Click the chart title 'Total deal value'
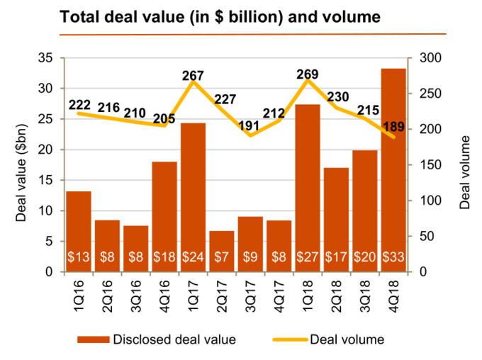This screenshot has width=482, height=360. pyautogui.click(x=220, y=16)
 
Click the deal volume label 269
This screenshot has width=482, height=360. pyautogui.click(x=308, y=74)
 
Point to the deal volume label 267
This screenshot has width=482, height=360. pyautogui.click(x=193, y=75)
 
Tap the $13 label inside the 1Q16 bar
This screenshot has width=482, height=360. pyautogui.click(x=79, y=257)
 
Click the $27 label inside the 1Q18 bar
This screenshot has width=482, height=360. pyautogui.click(x=308, y=257)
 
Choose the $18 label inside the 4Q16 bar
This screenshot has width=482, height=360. pyautogui.click(x=164, y=257)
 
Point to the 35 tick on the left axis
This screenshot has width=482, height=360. pyautogui.click(x=47, y=58)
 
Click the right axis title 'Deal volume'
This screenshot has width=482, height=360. pyautogui.click(x=464, y=165)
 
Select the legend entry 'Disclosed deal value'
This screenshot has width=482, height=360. pyautogui.click(x=174, y=339)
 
